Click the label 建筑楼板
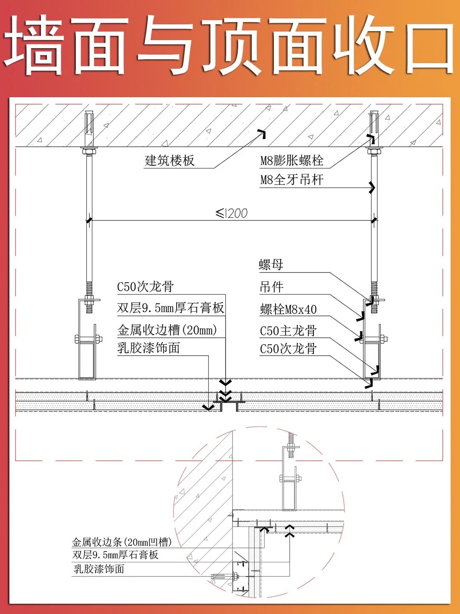click(x=170, y=161)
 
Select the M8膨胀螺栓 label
click(x=292, y=161)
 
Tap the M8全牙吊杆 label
click(x=292, y=180)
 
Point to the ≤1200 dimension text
click(x=232, y=213)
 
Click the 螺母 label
click(x=271, y=265)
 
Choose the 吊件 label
click(x=271, y=287)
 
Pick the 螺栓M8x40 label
click(x=288, y=309)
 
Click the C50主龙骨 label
click(x=288, y=331)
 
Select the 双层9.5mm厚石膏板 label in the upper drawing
click(x=170, y=308)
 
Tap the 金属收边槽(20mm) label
click(x=167, y=330)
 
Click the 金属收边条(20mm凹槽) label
click(x=122, y=542)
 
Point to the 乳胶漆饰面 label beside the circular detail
click(x=99, y=569)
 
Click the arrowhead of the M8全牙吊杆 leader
click(x=372, y=187)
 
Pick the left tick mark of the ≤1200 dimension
click(x=89, y=220)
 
